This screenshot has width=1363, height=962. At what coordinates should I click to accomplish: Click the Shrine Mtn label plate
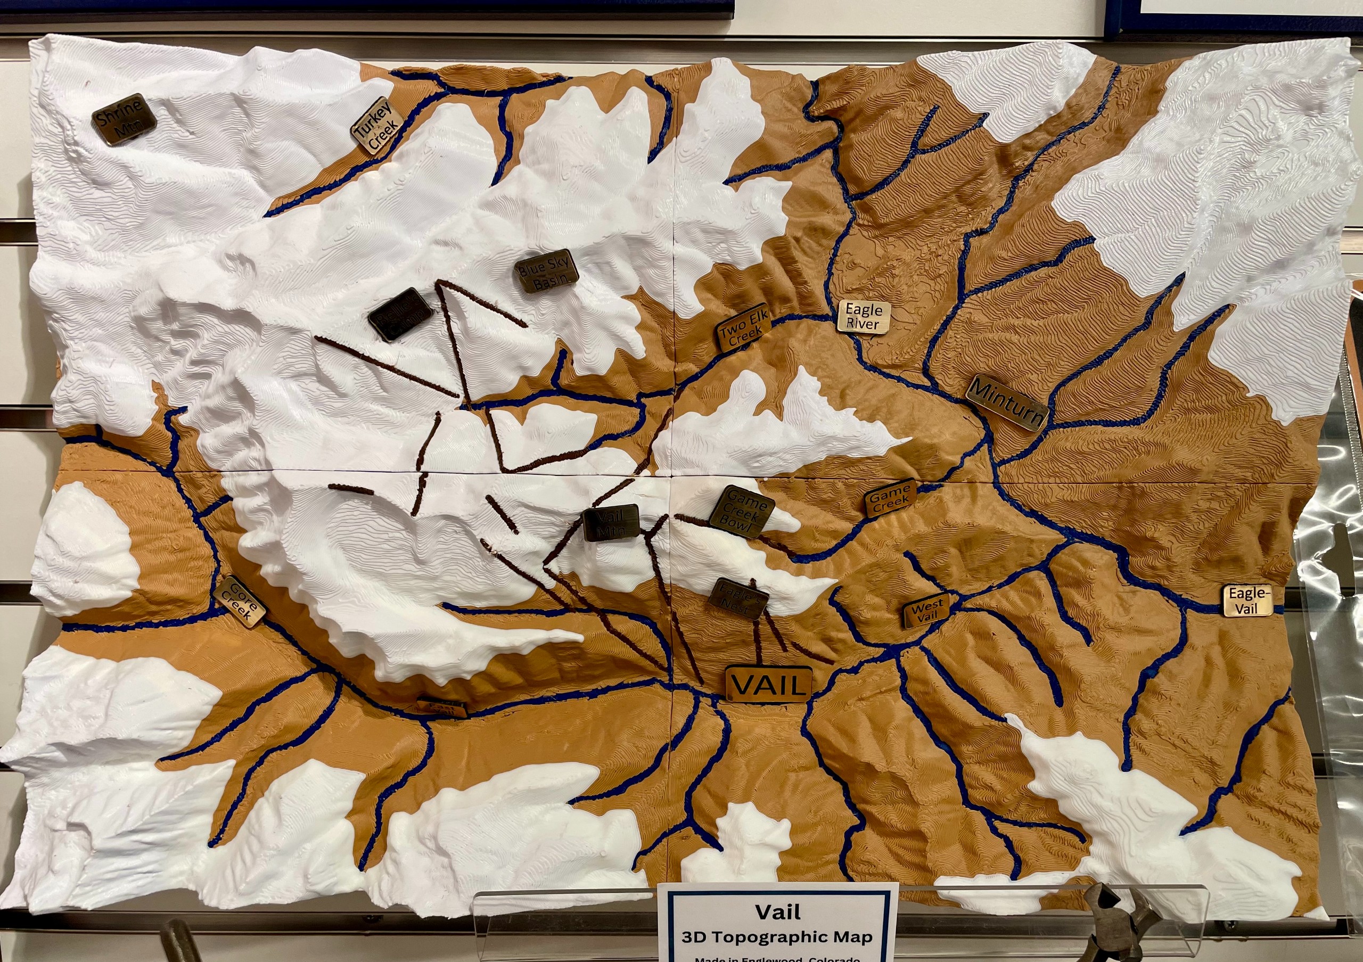point(124,120)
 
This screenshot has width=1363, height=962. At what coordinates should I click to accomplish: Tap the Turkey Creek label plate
point(377,125)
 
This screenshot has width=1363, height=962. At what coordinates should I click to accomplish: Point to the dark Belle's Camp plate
point(400,315)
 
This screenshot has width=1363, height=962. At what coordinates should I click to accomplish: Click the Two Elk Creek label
point(744,327)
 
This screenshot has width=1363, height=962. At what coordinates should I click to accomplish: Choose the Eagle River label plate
point(864,316)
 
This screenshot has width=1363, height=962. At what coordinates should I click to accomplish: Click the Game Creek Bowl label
point(742,512)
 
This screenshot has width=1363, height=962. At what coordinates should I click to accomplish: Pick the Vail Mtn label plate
point(611,523)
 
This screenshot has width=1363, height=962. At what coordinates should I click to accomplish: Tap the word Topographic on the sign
point(789,937)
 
